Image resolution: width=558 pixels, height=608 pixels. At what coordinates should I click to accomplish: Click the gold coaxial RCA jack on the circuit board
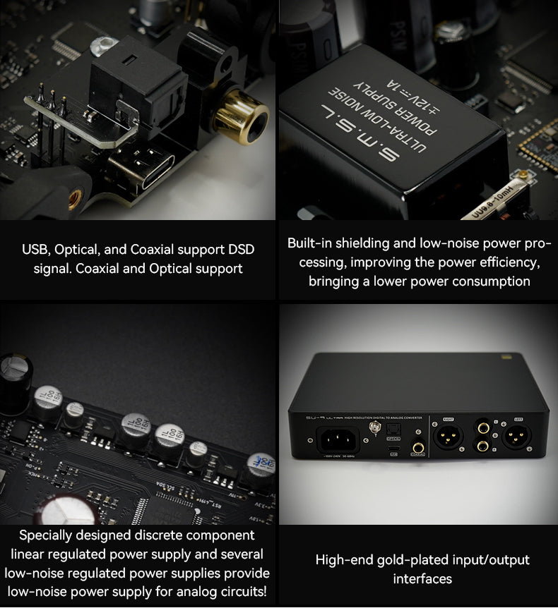(x=241, y=116)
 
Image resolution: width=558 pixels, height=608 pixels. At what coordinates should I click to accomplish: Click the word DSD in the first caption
(x=239, y=250)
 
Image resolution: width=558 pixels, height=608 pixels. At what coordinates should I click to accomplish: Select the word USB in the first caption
(x=35, y=250)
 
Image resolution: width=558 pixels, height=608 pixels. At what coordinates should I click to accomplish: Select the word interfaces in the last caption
(x=422, y=578)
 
